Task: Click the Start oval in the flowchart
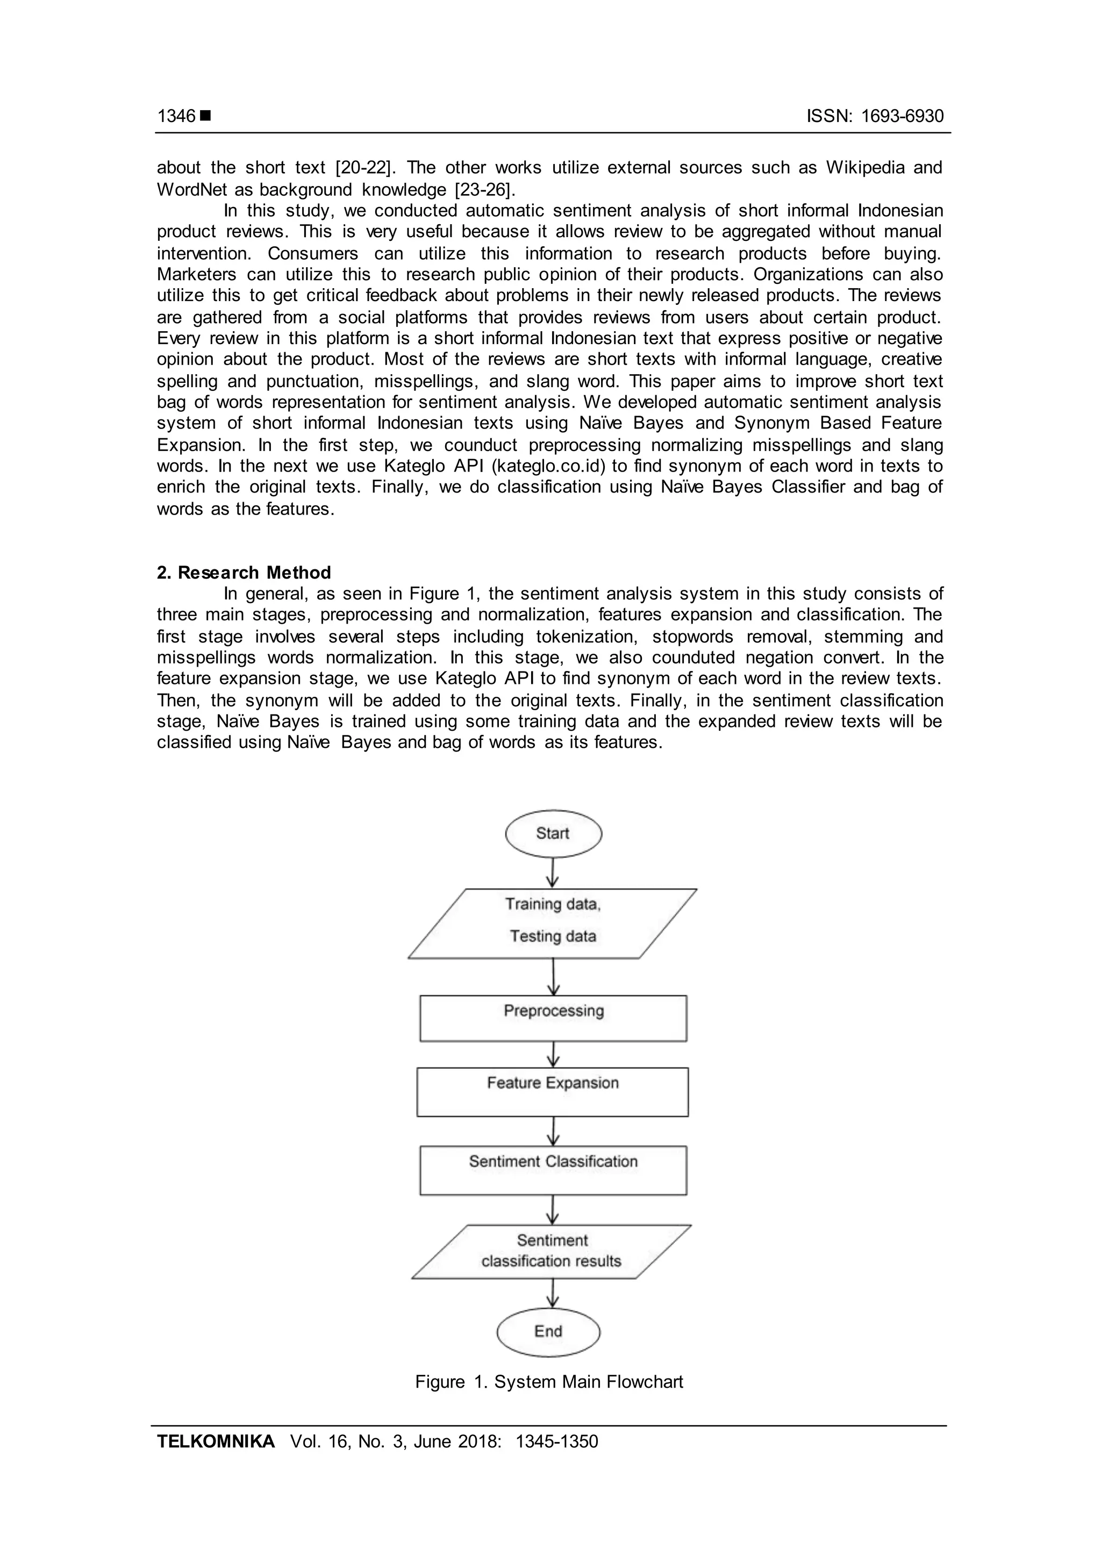(x=553, y=833)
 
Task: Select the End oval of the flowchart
(x=548, y=1331)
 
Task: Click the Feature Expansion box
(x=553, y=1092)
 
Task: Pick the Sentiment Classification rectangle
(x=553, y=1170)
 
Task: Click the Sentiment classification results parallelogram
(x=551, y=1251)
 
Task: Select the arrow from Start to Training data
(x=553, y=872)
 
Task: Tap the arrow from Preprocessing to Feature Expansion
(x=553, y=1054)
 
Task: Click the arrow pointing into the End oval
(x=553, y=1293)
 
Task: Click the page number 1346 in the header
(x=176, y=116)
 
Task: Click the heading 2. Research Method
(x=244, y=573)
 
